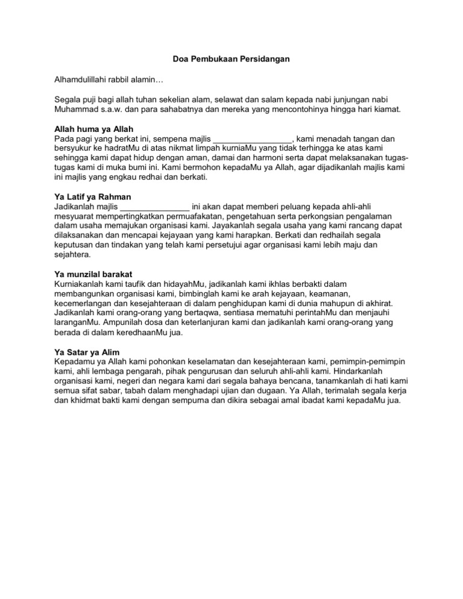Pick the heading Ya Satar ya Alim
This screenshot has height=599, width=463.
point(84,352)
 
